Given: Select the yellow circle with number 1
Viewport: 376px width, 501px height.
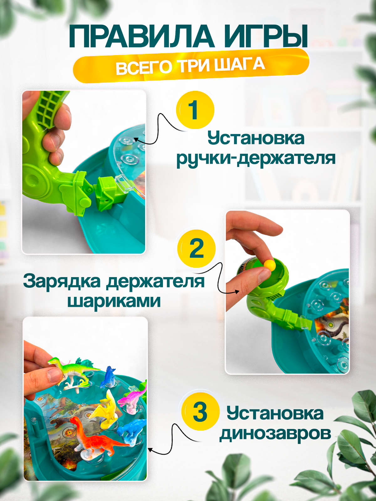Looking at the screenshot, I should pos(195,110).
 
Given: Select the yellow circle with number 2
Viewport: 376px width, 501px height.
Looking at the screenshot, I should pos(196,248).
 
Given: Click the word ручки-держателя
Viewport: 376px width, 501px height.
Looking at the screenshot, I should pos(256,158).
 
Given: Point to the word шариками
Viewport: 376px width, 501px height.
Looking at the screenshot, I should pos(114,301).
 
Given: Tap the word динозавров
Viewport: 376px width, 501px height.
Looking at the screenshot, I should pos(275,434).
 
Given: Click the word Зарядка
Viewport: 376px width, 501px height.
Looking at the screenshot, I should pos(62,281).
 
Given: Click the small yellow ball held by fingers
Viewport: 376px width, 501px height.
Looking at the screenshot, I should pos(269,265).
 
